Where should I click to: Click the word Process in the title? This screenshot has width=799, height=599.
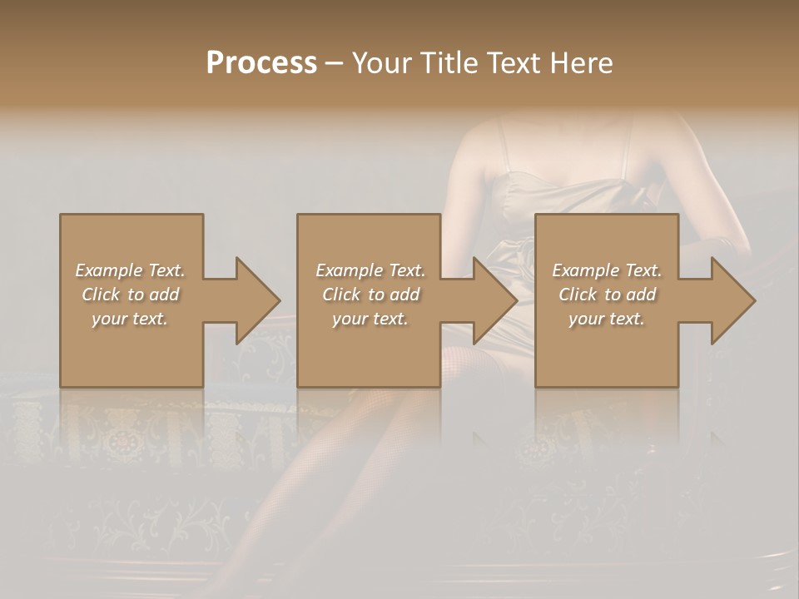tap(261, 63)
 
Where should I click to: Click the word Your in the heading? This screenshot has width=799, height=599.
tap(382, 63)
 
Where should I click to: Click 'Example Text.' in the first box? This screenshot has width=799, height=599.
tap(130, 270)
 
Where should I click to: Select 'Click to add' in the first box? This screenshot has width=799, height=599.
tap(130, 295)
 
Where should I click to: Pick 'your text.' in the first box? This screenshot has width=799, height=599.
tap(130, 319)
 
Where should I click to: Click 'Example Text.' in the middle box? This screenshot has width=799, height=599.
tap(370, 270)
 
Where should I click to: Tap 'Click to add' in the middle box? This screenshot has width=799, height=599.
tap(370, 295)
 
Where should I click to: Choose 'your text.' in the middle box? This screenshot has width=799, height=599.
tap(370, 319)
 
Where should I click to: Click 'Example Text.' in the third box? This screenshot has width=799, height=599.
tap(607, 270)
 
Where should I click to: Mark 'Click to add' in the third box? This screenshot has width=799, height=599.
tap(607, 295)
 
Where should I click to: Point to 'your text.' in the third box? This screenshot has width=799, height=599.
tap(607, 319)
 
